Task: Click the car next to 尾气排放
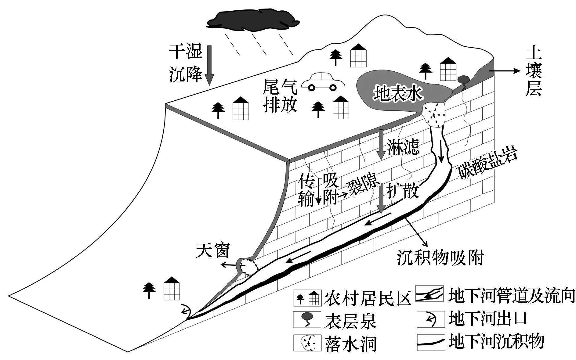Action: (323, 82)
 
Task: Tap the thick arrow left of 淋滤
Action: (381, 144)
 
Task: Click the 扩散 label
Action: (402, 191)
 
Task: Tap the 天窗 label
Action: (212, 250)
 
